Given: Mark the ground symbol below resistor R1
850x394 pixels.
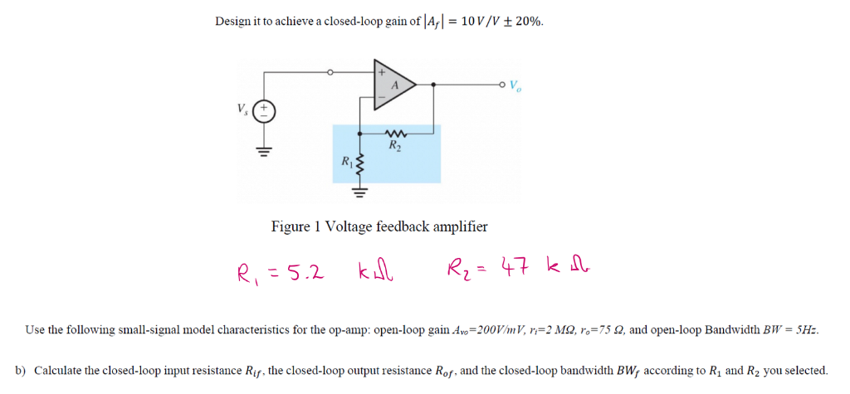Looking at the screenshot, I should click(x=359, y=194).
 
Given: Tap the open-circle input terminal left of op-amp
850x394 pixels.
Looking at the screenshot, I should click(x=330, y=72).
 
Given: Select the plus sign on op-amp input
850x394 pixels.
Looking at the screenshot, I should click(x=382, y=73).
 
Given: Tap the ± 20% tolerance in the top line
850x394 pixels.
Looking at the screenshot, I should click(x=525, y=21).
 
